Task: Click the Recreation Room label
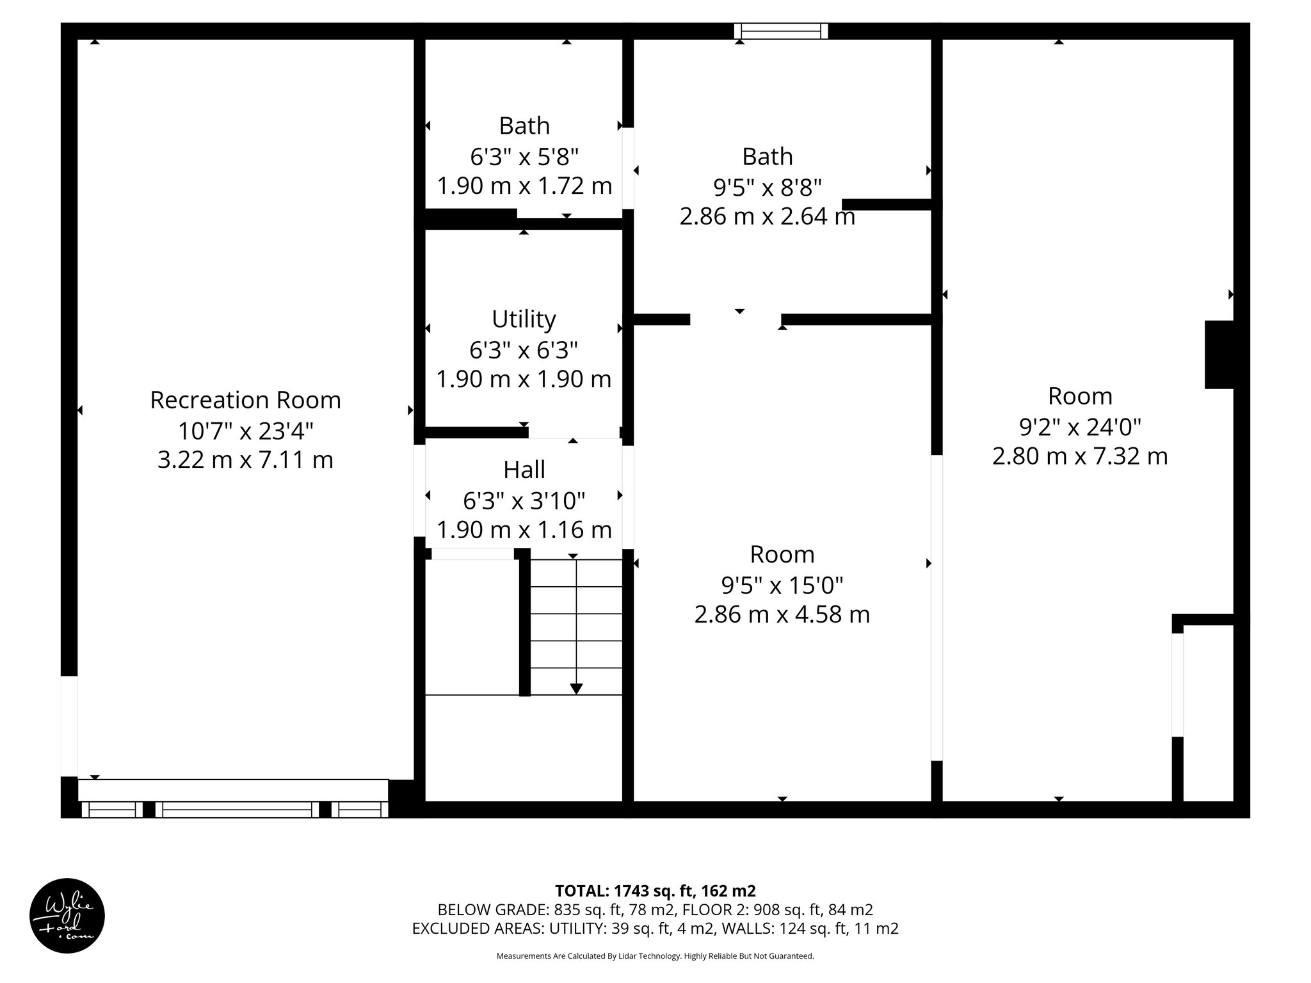[245, 400]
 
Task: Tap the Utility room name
[524, 319]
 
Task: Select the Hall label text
[524, 470]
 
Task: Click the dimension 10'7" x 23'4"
[245, 431]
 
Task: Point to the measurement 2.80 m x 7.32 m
[1080, 456]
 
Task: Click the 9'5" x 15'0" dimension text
[782, 584]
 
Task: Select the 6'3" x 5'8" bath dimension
[524, 156]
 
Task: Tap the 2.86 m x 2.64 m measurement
[767, 217]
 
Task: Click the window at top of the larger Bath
[780, 31]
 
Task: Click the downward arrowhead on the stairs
[576, 689]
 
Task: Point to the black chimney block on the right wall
[1219, 355]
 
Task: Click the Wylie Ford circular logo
[67, 916]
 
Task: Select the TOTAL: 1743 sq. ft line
[655, 891]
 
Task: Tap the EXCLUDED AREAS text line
[655, 929]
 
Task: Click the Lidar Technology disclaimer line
[655, 956]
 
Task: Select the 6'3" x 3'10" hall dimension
[524, 500]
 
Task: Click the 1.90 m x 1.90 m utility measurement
[524, 380]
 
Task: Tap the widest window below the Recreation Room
[237, 810]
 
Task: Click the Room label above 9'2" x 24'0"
[1080, 396]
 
